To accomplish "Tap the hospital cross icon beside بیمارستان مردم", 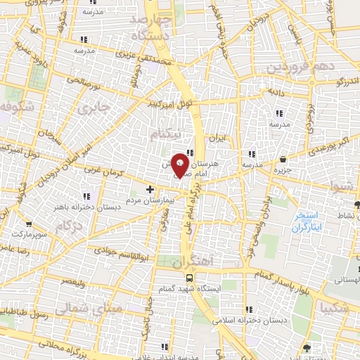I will pos(150,189).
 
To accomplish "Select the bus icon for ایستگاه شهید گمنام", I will pos(179,277).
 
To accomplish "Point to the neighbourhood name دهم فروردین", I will pos(297,69).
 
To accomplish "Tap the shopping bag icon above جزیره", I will pos(283,159).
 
